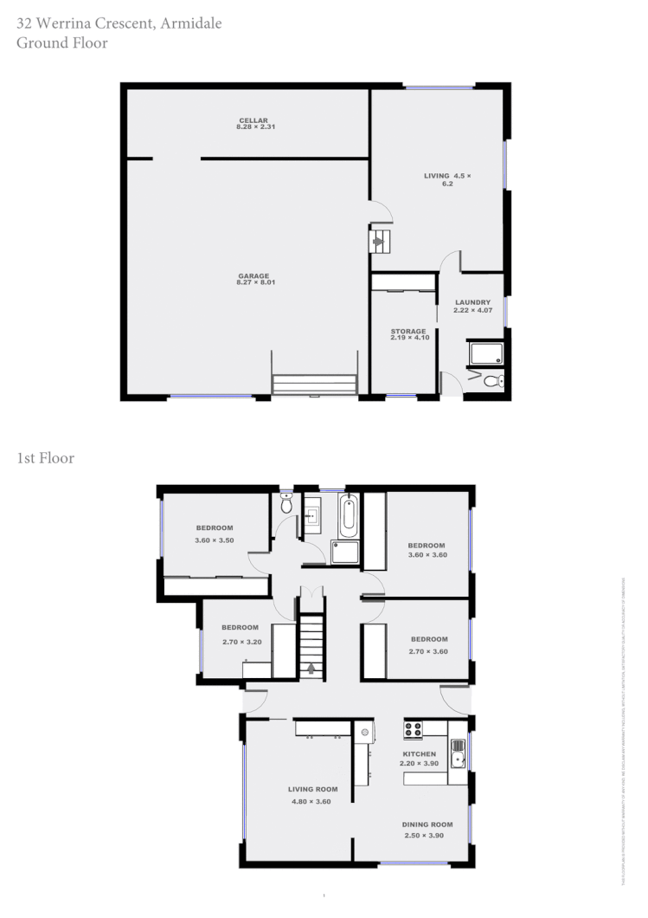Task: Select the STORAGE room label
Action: click(407, 331)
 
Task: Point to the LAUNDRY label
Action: click(472, 302)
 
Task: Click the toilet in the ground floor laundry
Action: click(493, 381)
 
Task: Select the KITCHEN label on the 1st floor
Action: click(420, 754)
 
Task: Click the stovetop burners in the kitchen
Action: click(413, 728)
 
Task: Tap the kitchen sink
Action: click(458, 753)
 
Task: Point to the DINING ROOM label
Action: click(427, 824)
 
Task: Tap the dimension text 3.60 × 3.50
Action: click(214, 540)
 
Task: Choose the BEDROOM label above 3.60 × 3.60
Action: click(427, 546)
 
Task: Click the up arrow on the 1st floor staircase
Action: click(311, 667)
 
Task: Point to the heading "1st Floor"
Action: click(45, 458)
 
